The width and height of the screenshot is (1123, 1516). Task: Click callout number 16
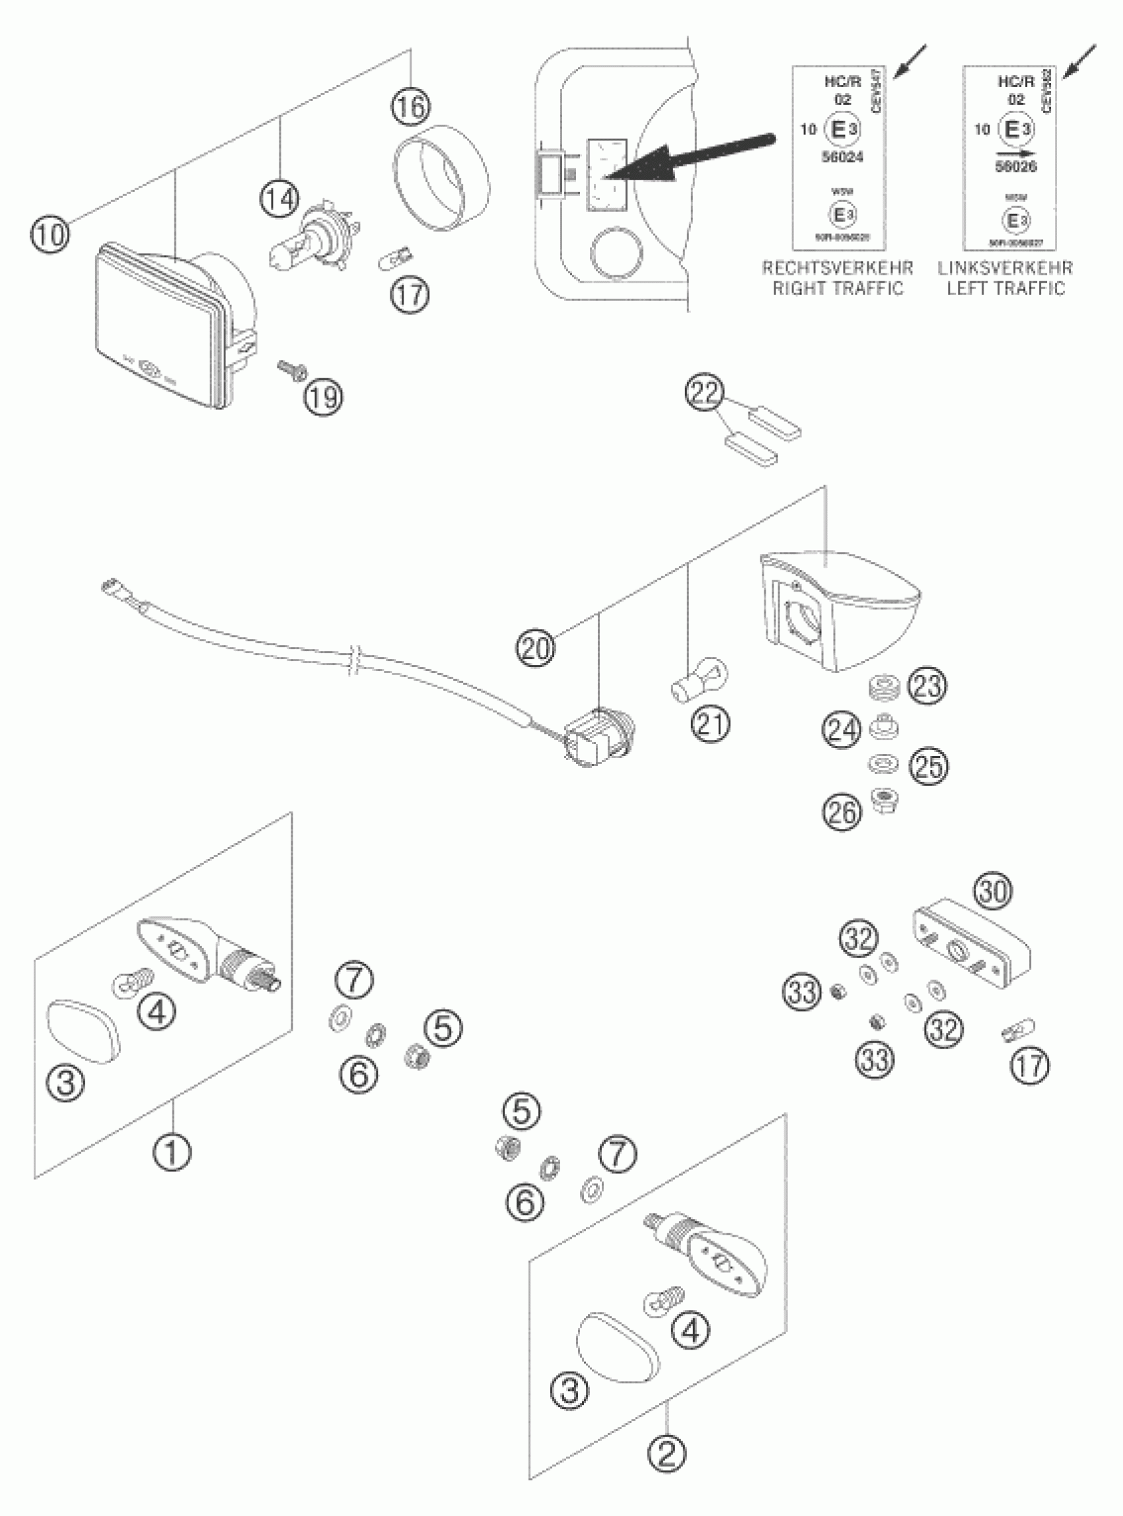411,107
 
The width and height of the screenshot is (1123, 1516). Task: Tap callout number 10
50,234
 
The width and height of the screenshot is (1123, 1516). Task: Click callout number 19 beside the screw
324,396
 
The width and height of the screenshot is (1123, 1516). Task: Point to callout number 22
705,394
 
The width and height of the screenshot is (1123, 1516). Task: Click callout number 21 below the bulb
710,724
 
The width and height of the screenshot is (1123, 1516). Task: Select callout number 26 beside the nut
841,811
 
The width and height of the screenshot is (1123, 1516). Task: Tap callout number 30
993,891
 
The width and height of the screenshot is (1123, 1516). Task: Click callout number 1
172,1151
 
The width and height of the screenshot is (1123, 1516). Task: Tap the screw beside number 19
291,368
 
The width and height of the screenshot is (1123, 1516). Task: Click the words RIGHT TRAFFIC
838,288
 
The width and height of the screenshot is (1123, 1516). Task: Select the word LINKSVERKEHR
1005,267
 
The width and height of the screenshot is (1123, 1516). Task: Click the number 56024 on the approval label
842,157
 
